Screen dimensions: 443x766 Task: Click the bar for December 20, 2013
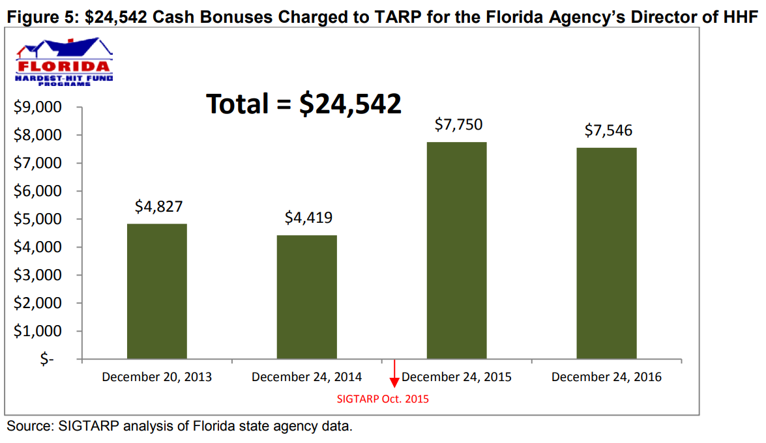pos(156,291)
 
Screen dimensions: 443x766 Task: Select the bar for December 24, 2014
pos(306,297)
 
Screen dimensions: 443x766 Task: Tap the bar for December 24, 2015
pos(456,250)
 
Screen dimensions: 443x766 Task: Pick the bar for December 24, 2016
pos(606,253)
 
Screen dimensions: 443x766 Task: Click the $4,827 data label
pos(158,207)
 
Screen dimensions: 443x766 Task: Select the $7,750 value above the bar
pos(458,125)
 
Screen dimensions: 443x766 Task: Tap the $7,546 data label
pos(608,131)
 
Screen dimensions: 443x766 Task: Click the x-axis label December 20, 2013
pos(156,377)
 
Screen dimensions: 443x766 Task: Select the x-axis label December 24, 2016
pos(606,377)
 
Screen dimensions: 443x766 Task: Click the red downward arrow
pos(394,378)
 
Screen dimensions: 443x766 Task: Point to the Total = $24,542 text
pos(304,104)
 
